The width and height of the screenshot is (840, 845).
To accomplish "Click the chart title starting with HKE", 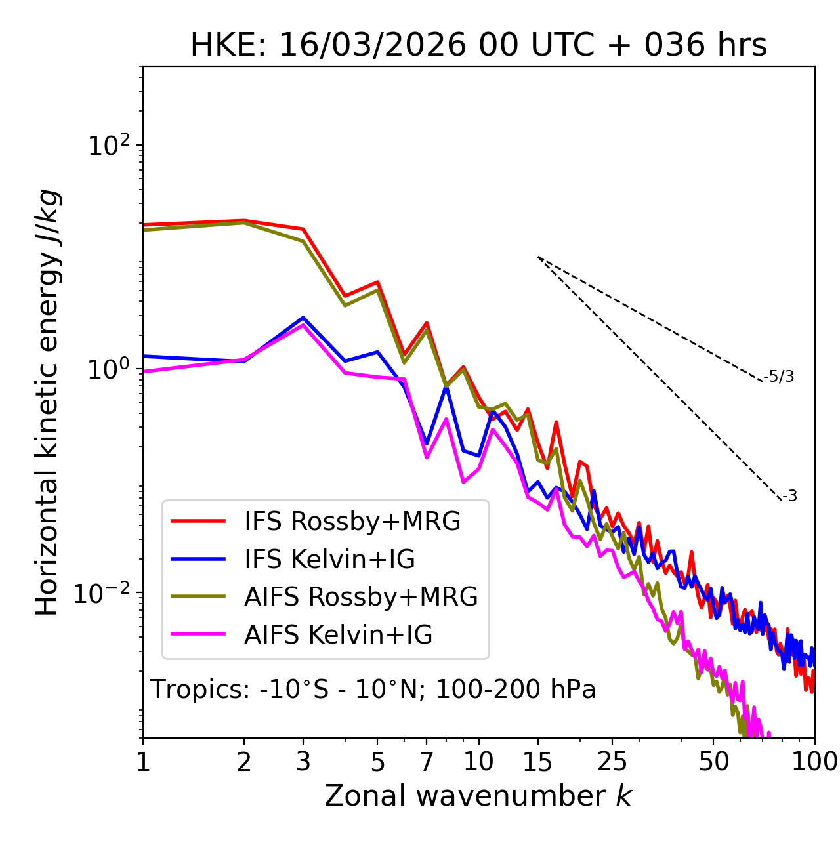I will coord(478,45).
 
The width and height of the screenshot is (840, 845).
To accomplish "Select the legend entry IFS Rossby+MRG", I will coord(352,522).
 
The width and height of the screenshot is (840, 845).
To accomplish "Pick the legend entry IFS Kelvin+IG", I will coord(329,560).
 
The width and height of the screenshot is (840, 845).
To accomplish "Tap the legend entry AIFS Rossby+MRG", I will coord(360,597).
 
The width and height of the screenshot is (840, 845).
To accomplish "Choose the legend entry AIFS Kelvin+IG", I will coord(338,635).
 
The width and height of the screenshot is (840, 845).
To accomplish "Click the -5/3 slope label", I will coord(779,377).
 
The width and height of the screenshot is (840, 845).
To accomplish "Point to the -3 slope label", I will coord(789,497).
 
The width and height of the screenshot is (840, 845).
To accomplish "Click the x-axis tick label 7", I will coord(427,762).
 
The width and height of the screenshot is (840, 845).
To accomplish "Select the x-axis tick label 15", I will coord(537,762).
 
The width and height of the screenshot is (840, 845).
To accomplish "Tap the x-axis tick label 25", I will coord(612,762).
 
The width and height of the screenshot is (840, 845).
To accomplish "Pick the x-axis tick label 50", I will coord(713,762).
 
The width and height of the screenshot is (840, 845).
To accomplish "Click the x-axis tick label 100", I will coord(814,762).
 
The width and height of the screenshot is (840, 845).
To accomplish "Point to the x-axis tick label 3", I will coord(303,762).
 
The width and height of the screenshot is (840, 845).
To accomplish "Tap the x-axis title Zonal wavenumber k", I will coord(478,796).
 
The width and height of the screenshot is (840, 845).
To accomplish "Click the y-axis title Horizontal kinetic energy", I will coord(48,402).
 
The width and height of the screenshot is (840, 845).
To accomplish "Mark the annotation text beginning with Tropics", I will coord(373,690).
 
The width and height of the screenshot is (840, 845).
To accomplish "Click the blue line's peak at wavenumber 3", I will coord(303,318).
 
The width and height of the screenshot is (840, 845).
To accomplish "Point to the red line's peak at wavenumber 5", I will coord(377,282).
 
